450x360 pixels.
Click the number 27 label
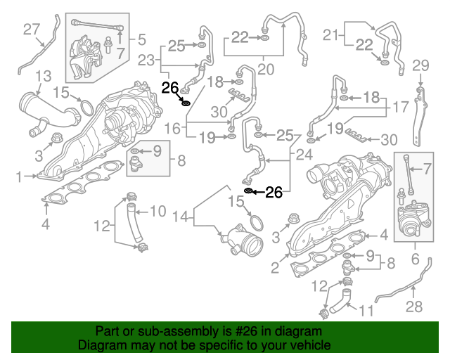32,29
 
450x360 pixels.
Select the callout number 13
43,75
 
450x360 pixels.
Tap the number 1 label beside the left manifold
21,176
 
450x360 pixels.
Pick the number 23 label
146,60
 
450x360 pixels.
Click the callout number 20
266,69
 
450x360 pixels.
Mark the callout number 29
420,66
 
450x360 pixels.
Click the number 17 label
400,108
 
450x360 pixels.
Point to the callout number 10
157,210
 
